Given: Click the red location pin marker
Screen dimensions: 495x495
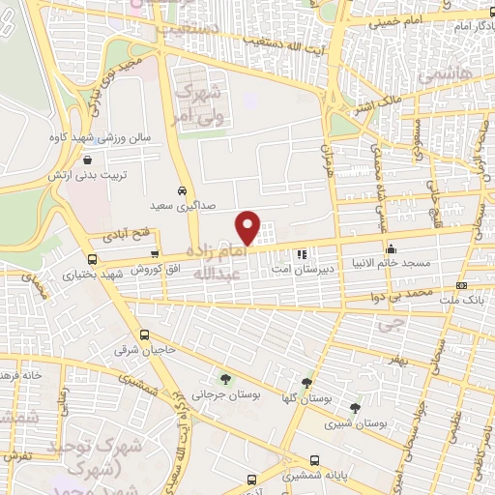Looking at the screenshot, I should pyautogui.click(x=247, y=227).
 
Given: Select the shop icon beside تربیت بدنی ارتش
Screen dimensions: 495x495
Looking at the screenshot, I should pyautogui.click(x=88, y=161).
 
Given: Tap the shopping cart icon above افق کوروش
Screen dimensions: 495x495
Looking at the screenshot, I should pyautogui.click(x=155, y=253).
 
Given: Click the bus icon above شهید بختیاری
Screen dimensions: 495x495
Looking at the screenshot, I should pyautogui.click(x=93, y=259).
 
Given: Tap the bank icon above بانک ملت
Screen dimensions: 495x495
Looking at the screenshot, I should pyautogui.click(x=461, y=285).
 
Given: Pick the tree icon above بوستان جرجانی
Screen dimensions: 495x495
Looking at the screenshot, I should pyautogui.click(x=225, y=378).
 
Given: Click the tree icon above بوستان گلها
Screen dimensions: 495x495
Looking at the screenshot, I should pyautogui.click(x=307, y=384).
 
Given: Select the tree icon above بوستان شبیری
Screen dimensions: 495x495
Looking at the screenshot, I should pyautogui.click(x=355, y=407).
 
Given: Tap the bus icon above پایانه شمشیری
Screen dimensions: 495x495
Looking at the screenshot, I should pyautogui.click(x=314, y=461).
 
